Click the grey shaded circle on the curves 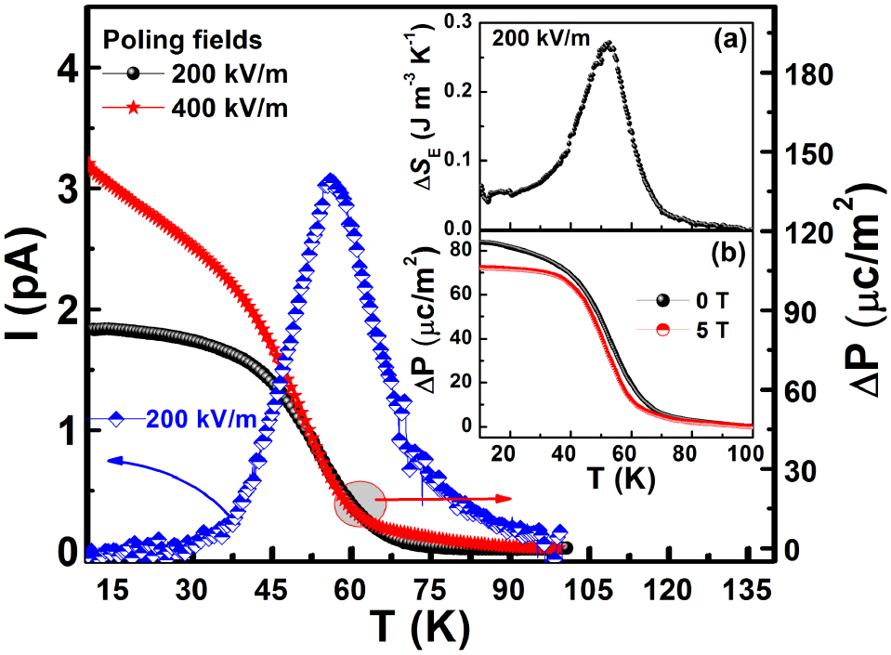point(359,503)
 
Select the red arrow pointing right point(446,499)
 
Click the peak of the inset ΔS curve point(608,43)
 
